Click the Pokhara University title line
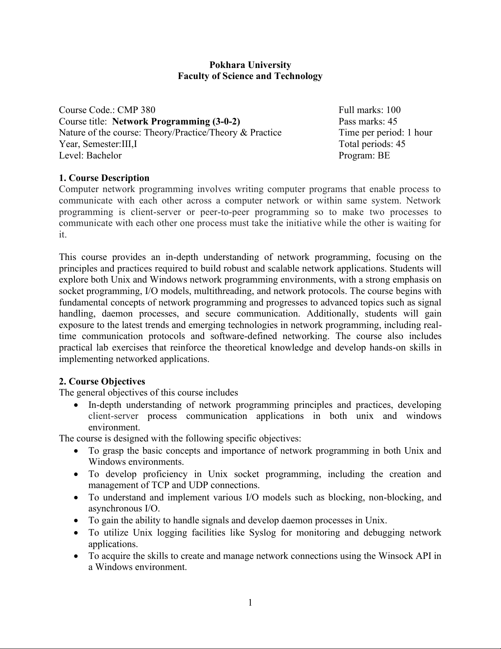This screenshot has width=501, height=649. coord(250,65)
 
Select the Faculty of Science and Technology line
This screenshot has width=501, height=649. coord(250,76)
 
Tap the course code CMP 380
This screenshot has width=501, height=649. coord(136,110)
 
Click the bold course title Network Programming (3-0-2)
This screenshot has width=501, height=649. coord(176,121)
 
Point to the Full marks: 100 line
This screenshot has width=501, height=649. coord(369,110)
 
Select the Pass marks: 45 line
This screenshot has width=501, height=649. coord(368,121)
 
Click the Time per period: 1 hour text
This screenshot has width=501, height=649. coord(385,132)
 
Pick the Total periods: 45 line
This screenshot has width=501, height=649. coord(372,144)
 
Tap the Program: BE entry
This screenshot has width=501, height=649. coord(364,155)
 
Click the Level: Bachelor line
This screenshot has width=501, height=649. coord(90,155)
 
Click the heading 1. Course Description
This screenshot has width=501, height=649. coord(104,178)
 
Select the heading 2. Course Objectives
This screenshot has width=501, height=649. coord(102,381)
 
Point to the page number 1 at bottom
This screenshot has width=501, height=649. coord(250,602)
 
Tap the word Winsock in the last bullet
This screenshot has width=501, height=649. coord(395,556)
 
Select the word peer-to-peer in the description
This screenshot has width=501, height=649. coord(225,212)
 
